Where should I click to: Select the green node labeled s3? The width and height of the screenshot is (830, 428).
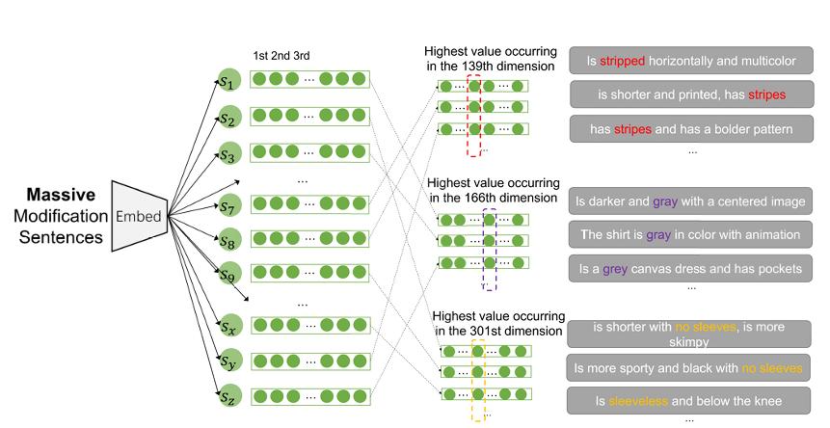(x=228, y=155)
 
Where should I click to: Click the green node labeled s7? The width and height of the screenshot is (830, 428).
(x=228, y=206)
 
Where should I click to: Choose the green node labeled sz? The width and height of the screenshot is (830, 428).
(x=228, y=395)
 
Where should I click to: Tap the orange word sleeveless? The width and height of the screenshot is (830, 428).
(x=637, y=400)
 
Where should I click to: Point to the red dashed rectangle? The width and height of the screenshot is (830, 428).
(x=473, y=116)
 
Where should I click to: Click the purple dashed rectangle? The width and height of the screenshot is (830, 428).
(x=489, y=248)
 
